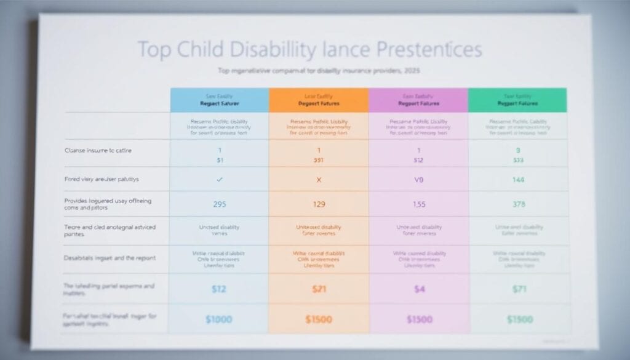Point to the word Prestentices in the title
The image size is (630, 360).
[x=425, y=50]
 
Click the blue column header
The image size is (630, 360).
[x=219, y=100]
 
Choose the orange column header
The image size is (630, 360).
[x=318, y=100]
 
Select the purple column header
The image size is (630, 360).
[x=418, y=100]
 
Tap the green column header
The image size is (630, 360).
[x=517, y=100]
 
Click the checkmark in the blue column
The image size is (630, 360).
[x=220, y=180]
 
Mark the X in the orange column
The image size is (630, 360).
[x=319, y=180]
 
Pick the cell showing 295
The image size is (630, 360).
[x=220, y=204]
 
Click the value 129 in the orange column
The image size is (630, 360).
[x=319, y=204]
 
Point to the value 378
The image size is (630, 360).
[x=518, y=204]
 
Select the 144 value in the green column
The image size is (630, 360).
[x=518, y=180]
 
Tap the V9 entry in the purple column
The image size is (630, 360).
[x=418, y=180]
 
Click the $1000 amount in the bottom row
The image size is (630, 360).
[x=220, y=320]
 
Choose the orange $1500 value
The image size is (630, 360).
[x=319, y=320]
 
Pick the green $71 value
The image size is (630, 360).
[x=518, y=289]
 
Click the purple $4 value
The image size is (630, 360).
[x=418, y=289]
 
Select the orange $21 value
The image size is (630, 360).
[x=319, y=289]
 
